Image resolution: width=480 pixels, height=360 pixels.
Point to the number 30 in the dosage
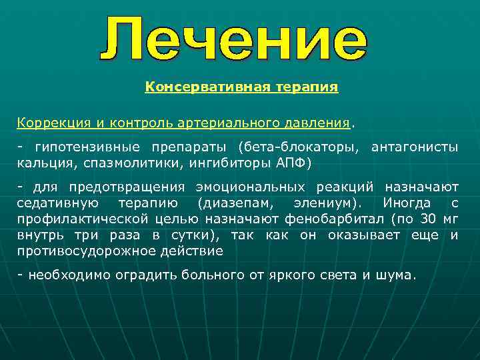(430, 219)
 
